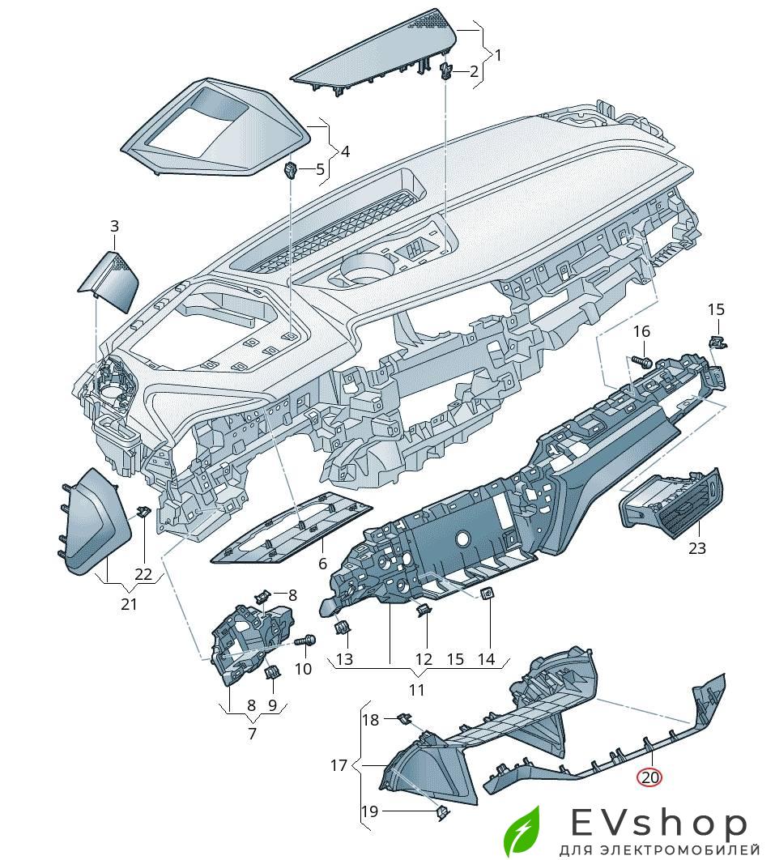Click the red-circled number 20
coord(650,777)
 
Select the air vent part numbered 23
coord(670,505)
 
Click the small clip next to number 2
coord(446,71)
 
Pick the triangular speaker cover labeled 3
coord(109,280)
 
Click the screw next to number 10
coord(305,641)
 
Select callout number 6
coord(321,564)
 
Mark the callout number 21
coord(130,604)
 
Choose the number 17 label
coord(339,765)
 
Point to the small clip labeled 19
coord(441,811)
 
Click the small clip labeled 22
coord(143,511)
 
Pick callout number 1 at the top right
coord(498,55)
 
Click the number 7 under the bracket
coord(251,734)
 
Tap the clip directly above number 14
coord(488,596)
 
